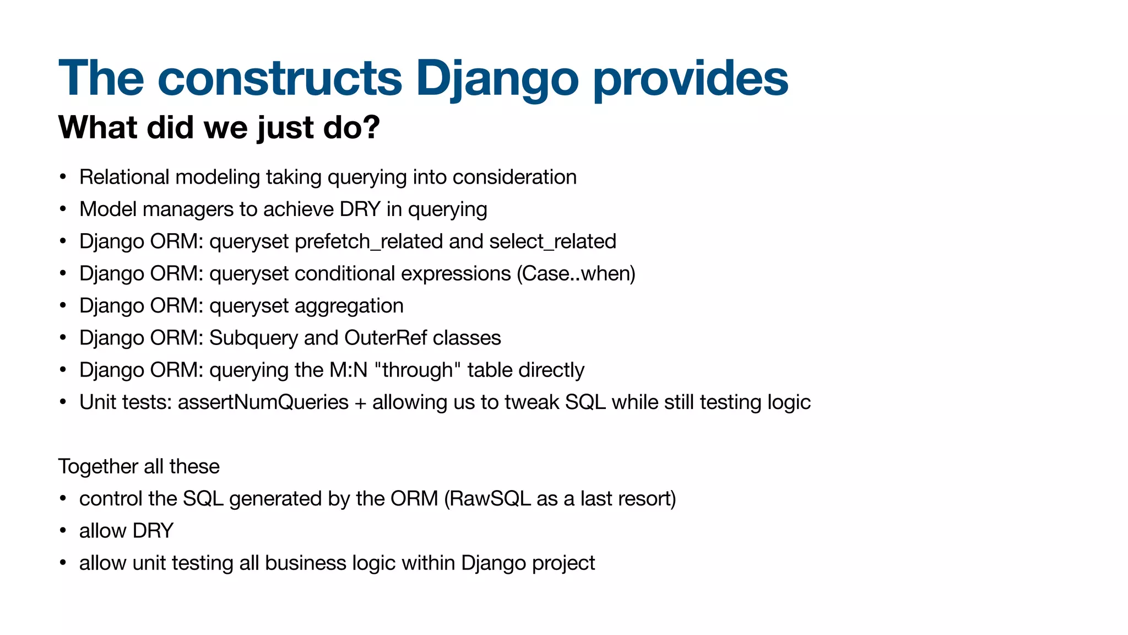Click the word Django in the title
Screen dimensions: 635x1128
[497, 79]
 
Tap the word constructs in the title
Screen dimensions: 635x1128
[280, 79]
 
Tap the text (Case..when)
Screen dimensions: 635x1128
[576, 274]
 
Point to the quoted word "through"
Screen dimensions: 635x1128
[417, 370]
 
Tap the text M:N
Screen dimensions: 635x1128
[348, 370]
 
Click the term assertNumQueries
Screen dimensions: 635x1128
[263, 402]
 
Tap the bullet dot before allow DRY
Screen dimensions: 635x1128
[63, 531]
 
